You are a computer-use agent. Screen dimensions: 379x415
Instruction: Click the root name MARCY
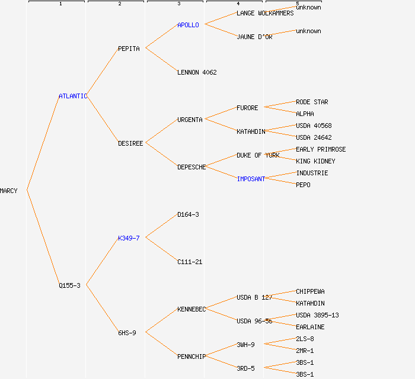tap(9, 191)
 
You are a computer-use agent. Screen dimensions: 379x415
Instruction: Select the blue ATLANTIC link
tap(72, 96)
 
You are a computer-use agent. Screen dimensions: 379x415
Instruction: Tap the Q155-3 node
tap(69, 285)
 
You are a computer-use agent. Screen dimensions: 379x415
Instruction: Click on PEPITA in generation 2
tap(129, 49)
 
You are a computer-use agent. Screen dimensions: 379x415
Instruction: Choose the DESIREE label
tap(130, 143)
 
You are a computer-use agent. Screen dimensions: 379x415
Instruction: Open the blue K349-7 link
tap(129, 238)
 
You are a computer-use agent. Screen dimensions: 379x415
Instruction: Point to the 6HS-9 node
tap(127, 333)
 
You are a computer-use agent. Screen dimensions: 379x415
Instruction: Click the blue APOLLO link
tap(188, 25)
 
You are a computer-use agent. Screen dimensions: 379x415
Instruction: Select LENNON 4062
tap(197, 72)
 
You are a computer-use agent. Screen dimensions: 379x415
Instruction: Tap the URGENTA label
tap(190, 120)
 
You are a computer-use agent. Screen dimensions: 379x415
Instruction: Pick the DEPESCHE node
tap(191, 167)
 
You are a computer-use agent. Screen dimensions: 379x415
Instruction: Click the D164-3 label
tap(188, 214)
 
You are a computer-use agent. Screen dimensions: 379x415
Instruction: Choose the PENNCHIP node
tap(191, 356)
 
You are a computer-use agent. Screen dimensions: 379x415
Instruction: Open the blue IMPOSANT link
tap(251, 179)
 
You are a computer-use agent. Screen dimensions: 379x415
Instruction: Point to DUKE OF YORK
tap(258, 155)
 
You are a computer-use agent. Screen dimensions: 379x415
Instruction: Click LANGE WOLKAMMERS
tap(265, 13)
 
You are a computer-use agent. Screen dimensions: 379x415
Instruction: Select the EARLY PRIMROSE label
tap(321, 149)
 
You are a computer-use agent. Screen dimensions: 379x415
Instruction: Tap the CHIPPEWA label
tap(310, 291)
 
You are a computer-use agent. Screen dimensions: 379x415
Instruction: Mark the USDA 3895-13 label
tap(317, 315)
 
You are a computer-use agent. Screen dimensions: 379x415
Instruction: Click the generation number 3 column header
tap(178, 4)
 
